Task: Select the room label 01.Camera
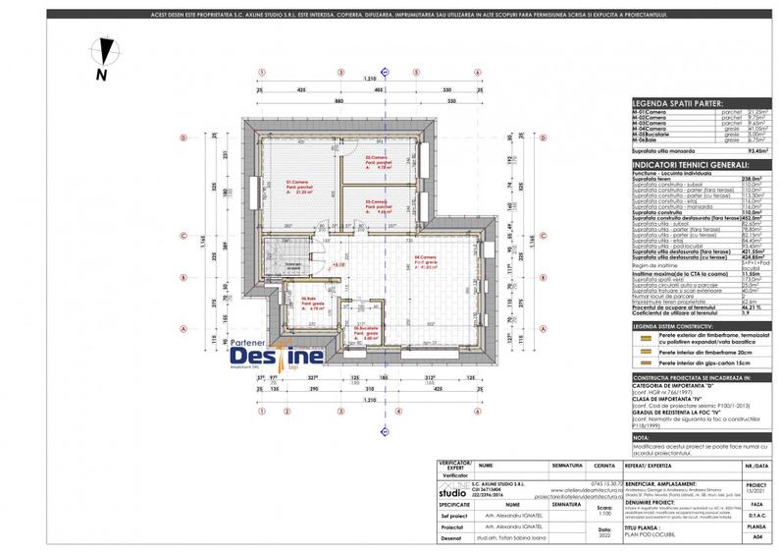[298, 184]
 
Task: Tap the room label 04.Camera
[425, 260]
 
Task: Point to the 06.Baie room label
[311, 301]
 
